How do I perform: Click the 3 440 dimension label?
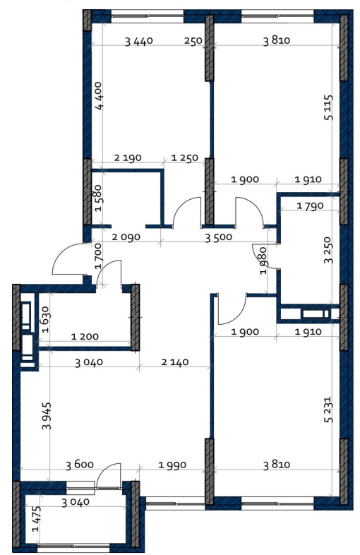[139, 41]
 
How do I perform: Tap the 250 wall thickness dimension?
[193, 41]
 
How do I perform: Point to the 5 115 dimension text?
[328, 107]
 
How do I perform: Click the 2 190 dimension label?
[128, 157]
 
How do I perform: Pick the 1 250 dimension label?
[184, 157]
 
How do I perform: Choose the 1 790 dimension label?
[310, 205]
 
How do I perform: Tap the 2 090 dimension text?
[126, 237]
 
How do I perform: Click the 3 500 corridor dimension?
[218, 237]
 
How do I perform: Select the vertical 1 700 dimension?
[98, 256]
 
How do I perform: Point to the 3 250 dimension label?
[328, 250]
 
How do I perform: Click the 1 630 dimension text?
[46, 319]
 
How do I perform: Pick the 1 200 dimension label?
[85, 336]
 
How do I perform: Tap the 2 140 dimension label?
[175, 362]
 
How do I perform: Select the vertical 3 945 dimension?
[47, 415]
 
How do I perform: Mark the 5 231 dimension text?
[328, 410]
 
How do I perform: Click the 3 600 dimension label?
[80, 465]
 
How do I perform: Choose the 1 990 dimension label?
[172, 465]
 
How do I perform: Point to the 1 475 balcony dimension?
[36, 519]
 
